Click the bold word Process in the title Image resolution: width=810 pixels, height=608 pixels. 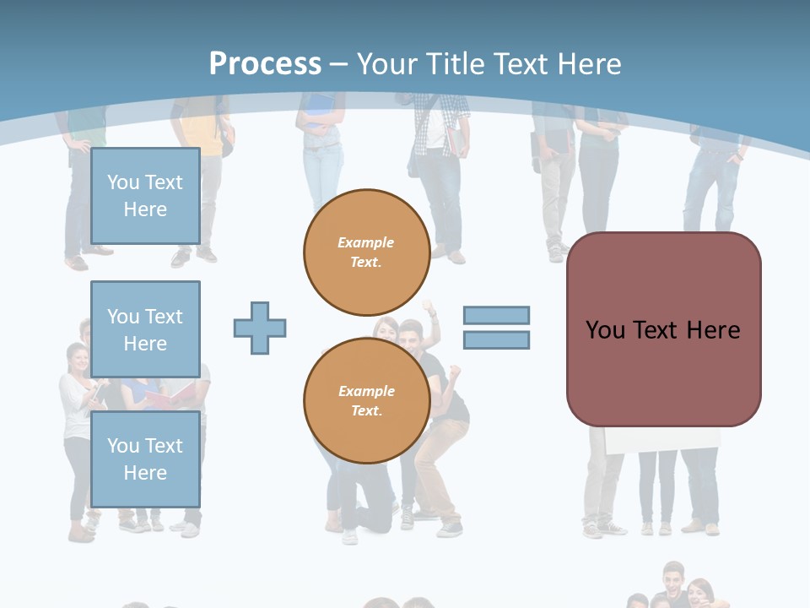pos(265,64)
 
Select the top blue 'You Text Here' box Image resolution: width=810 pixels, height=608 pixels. pos(145,196)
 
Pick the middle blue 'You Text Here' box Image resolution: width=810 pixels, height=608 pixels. pos(145,329)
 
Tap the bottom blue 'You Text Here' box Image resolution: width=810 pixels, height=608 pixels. pos(145,459)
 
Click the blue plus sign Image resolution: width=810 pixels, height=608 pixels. pos(260,328)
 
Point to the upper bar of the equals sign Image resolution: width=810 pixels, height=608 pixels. pos(496,315)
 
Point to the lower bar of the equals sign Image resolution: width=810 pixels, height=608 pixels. pos(496,339)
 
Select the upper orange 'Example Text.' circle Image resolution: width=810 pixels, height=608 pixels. pos(366,252)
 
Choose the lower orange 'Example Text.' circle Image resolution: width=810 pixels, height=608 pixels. pos(366,400)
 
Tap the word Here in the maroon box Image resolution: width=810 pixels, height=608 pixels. pos(713,330)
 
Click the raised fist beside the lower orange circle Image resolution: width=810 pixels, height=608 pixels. pos(455,371)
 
